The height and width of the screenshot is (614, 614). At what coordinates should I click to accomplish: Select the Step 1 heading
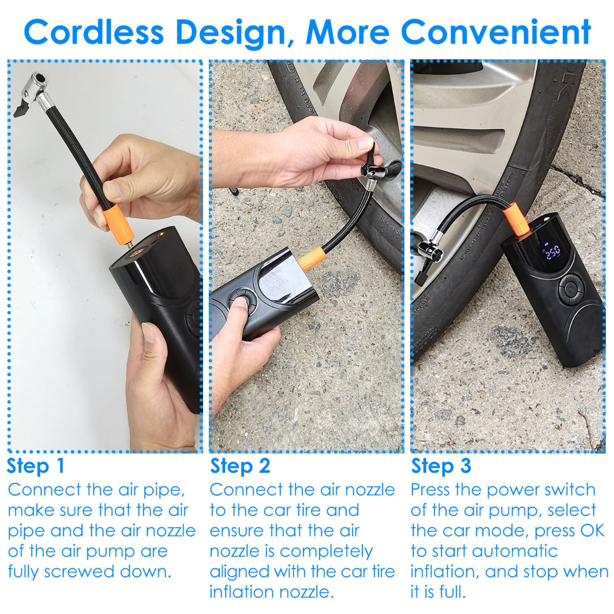(36, 466)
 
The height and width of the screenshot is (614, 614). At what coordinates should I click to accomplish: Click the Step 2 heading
(240, 466)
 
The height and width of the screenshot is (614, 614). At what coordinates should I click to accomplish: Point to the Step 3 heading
(441, 466)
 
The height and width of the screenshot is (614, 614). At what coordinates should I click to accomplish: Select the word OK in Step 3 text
(591, 531)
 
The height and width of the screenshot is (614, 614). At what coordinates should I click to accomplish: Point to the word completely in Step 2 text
(326, 551)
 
